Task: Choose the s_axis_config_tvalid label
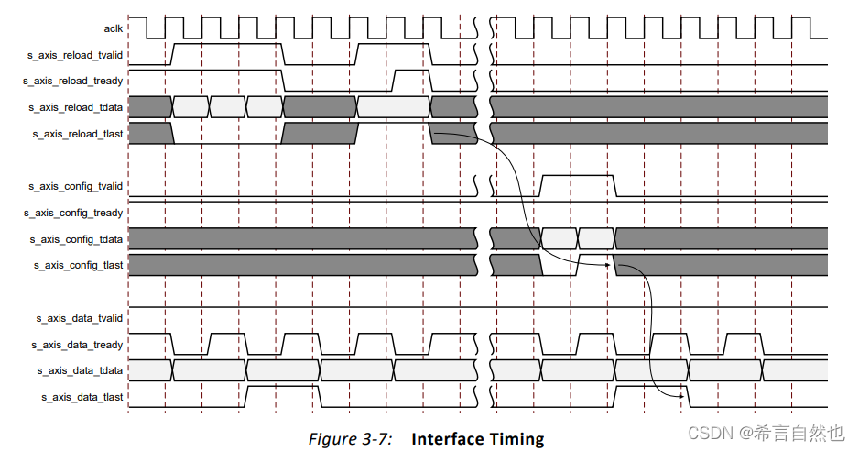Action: tap(76, 186)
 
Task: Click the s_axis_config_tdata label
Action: tap(78, 239)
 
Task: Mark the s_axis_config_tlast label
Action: tap(79, 265)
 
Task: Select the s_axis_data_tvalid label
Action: tap(80, 318)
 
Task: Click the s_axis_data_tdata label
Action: tap(82, 370)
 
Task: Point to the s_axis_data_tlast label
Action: tap(82, 397)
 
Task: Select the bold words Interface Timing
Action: tap(477, 439)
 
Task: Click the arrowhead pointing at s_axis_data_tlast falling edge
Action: tap(682, 397)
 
